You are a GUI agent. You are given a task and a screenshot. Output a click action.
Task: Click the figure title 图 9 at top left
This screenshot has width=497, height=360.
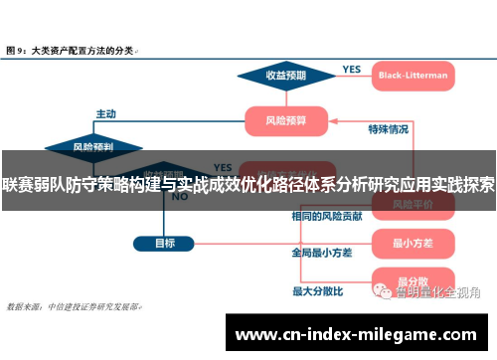[x=70, y=48]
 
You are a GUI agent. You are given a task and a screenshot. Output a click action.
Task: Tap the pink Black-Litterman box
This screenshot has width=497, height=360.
[x=413, y=75]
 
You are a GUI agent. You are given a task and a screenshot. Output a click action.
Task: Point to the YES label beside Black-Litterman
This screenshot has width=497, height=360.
[x=351, y=69]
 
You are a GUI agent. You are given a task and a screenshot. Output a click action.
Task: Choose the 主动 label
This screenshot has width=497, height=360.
[x=105, y=113]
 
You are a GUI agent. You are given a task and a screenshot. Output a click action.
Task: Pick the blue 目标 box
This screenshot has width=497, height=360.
[x=165, y=243]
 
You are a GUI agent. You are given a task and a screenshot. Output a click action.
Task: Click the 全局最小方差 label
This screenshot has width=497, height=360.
[x=321, y=253]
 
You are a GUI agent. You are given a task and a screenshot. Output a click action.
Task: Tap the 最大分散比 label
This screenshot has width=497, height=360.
[x=317, y=291]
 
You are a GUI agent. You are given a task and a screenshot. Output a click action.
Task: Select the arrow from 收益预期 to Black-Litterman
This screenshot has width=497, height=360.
[x=348, y=76]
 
